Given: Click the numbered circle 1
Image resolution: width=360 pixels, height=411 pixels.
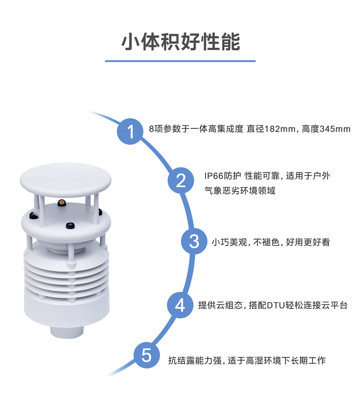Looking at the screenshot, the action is coord(130,131).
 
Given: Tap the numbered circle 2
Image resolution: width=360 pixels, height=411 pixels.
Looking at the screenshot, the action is coord(181,180).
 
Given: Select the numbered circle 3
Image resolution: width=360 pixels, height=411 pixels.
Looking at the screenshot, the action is coord(194,241).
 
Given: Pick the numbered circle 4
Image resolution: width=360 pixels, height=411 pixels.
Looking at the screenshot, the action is coord(180,305).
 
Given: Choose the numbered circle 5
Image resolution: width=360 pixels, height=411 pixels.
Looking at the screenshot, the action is coord(147,355).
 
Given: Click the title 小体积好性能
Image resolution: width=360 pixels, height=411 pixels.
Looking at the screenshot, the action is coord(180,42).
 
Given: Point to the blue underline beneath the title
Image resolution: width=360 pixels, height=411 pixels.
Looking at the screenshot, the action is coord(180,61).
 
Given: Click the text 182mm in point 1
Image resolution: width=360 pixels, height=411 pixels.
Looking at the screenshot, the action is coord(280,129).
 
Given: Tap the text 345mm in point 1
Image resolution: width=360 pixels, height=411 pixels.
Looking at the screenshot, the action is coord(335,129).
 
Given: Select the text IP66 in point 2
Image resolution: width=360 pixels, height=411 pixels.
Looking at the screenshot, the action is coord(213,175).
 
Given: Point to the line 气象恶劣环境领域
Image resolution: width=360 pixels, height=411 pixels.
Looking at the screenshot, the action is coord(240,190).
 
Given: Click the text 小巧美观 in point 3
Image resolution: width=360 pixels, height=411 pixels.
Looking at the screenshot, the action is coord(229,242).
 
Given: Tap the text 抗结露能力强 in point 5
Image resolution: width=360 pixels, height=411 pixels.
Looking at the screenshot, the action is coord(195,360).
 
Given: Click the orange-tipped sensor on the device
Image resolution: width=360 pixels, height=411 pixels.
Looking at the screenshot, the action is coord(62,203).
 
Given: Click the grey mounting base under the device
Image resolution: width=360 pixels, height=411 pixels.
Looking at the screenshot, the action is coord(67,332).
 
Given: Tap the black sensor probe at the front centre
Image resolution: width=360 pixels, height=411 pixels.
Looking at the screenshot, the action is coord(70,226).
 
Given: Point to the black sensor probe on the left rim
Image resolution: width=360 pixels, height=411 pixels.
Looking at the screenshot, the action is coord(34,216).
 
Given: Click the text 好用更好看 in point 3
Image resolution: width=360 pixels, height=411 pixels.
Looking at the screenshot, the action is coord(308,242).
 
